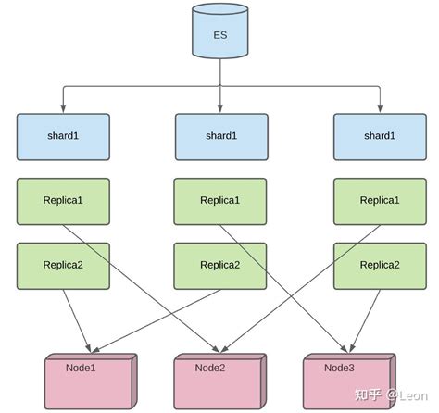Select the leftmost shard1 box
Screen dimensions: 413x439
63,136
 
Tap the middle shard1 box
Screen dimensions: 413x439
221,136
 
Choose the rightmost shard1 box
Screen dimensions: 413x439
379,136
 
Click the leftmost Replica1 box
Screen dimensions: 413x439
63,200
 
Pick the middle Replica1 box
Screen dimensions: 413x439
220,200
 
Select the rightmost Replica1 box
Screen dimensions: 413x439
379,200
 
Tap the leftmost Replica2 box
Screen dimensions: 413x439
63,265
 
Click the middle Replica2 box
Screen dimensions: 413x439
220,265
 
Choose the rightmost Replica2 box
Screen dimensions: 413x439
379,265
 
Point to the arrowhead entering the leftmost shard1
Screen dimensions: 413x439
63,108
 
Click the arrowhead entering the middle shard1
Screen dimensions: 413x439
221,108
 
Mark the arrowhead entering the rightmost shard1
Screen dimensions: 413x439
379,108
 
